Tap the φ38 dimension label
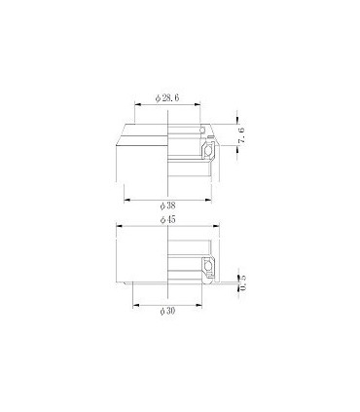[167, 206]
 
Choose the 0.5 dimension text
[240, 281]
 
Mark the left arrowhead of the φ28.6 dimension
[132, 107]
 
